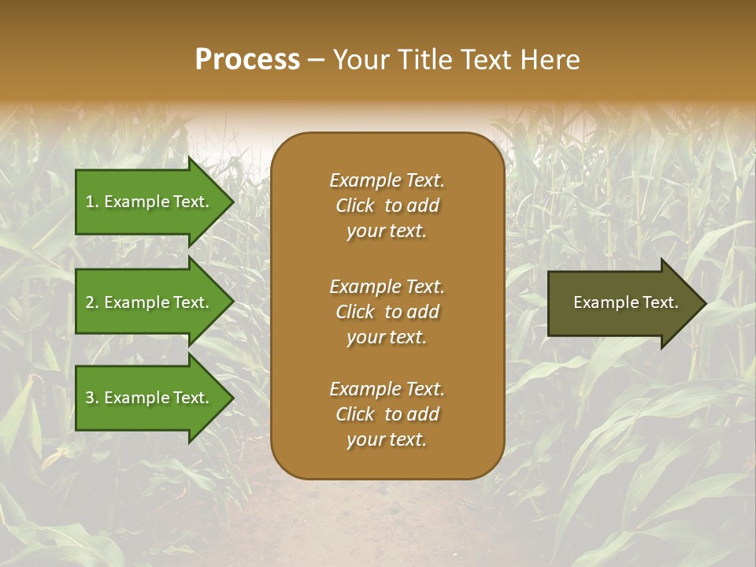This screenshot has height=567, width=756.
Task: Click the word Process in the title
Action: [247, 60]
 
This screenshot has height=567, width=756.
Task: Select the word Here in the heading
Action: [550, 60]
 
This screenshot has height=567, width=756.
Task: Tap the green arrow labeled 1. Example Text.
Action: [150, 202]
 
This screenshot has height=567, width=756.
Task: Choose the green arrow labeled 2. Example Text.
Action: [150, 302]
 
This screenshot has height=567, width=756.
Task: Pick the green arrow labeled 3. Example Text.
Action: [150, 398]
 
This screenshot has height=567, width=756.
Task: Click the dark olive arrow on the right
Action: [622, 302]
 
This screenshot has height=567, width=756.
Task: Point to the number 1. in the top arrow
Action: [91, 202]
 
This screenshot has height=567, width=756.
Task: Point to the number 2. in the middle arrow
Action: [91, 302]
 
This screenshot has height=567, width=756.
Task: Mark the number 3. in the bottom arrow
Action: [91, 398]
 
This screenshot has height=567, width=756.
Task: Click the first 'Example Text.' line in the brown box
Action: [387, 180]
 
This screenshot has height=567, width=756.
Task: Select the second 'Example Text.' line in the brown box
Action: [387, 287]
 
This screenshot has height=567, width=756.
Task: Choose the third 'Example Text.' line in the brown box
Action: [387, 389]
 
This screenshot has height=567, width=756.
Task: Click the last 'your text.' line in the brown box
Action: [387, 440]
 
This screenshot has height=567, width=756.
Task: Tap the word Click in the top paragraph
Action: [354, 206]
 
